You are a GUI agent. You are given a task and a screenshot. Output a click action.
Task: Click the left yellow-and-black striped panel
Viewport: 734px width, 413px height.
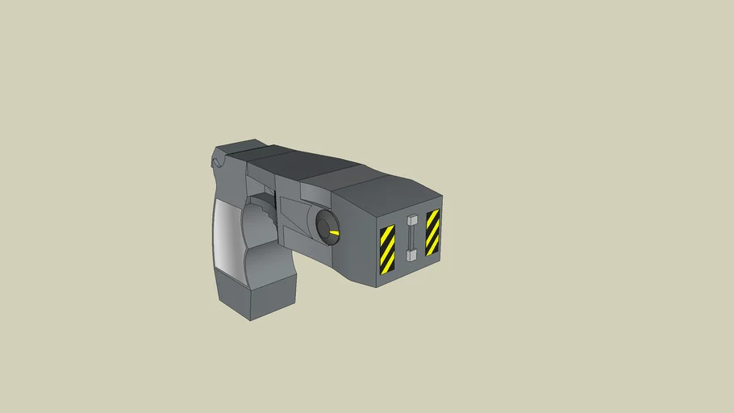click(387, 249)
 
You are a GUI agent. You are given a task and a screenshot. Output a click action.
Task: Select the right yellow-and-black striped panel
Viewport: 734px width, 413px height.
click(432, 232)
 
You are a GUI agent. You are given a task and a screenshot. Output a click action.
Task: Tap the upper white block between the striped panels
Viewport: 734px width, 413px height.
click(412, 220)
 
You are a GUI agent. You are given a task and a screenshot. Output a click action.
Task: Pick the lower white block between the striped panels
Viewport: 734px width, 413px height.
click(411, 255)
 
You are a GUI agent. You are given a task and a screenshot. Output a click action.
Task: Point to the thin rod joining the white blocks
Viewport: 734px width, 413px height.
click(411, 238)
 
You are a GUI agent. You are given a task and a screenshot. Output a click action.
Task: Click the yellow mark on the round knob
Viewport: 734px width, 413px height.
click(333, 232)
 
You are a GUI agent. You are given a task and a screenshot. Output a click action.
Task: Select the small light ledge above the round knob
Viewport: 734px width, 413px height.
click(314, 192)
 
